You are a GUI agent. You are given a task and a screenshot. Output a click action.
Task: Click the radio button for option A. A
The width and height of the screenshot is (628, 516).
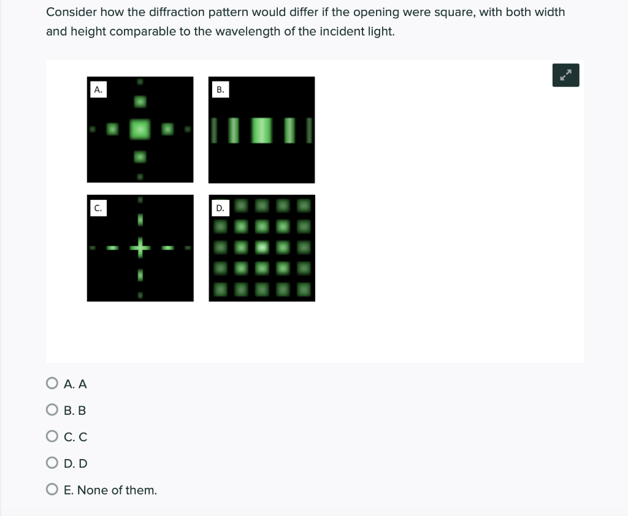(x=52, y=384)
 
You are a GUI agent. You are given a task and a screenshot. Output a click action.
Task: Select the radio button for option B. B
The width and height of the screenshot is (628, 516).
(x=52, y=410)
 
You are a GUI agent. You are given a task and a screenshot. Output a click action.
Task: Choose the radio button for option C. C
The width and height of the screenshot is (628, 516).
(x=52, y=437)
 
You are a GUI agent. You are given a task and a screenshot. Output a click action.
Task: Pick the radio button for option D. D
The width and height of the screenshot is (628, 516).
(x=52, y=463)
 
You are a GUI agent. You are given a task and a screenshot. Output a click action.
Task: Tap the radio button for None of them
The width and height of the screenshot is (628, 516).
(x=52, y=490)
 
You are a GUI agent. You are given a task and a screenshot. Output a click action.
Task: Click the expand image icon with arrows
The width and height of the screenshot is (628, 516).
(x=565, y=75)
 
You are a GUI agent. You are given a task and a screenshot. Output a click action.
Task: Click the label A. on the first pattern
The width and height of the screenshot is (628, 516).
(x=98, y=89)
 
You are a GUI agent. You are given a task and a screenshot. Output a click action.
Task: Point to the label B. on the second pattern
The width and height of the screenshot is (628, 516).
(x=220, y=89)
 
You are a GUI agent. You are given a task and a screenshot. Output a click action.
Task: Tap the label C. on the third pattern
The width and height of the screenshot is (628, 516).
(x=97, y=208)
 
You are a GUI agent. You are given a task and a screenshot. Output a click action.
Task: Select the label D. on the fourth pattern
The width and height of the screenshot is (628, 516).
(x=220, y=208)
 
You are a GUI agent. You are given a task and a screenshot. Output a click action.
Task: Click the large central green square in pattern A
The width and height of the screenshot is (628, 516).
(x=140, y=129)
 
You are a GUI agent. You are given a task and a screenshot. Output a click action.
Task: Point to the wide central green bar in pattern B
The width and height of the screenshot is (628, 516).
(x=262, y=130)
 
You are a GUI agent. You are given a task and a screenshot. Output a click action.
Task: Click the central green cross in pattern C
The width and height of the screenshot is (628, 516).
(x=140, y=248)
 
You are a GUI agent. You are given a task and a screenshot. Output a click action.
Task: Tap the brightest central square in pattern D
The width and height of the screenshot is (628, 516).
(x=262, y=247)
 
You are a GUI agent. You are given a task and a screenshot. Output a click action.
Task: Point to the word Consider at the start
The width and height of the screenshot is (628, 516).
(x=69, y=12)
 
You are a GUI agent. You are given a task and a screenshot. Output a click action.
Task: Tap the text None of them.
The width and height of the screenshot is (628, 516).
(x=117, y=490)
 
